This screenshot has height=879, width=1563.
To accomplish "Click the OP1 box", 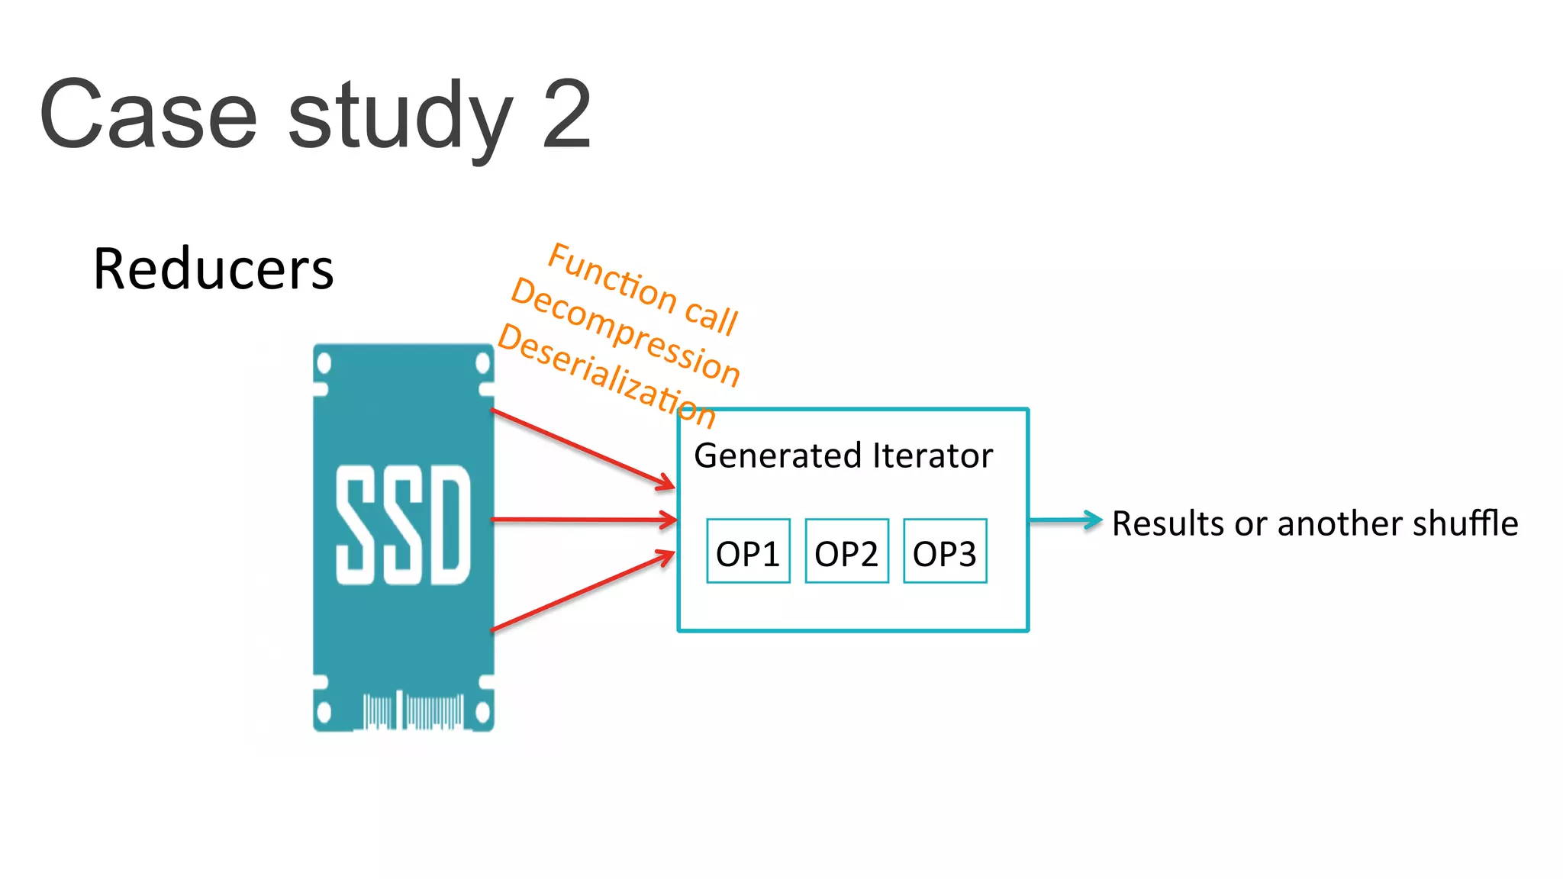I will click(748, 552).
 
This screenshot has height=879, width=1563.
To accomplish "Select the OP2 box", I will click(846, 552).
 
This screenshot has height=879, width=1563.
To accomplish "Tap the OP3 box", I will click(945, 552).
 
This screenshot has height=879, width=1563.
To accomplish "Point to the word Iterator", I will click(933, 456).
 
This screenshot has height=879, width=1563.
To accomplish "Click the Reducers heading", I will click(213, 269).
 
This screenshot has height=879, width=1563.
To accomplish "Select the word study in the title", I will click(400, 118).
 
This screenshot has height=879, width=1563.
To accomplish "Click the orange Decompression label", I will click(625, 333).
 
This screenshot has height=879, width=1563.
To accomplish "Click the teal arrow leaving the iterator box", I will click(1065, 520).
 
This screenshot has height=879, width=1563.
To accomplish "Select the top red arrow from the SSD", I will click(584, 449).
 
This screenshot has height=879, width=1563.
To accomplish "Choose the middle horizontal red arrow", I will click(584, 520).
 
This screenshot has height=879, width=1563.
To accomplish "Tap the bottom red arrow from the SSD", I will click(584, 591).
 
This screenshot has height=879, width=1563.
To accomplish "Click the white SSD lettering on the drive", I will click(403, 525).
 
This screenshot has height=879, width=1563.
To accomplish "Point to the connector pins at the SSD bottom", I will click(412, 711).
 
